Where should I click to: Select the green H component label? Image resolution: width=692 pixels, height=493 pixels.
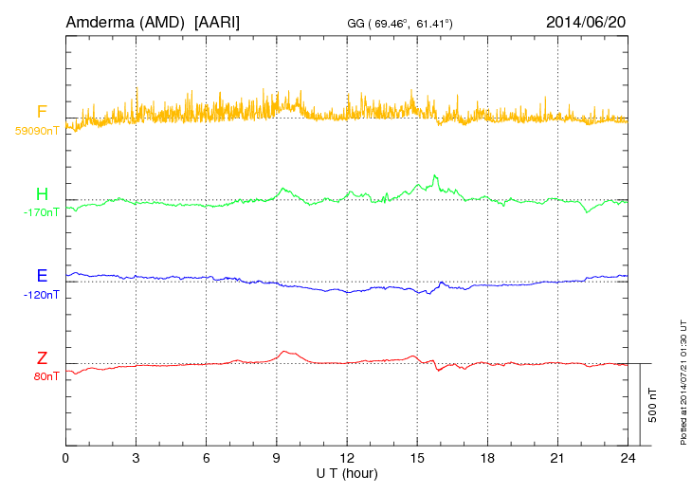[x=42, y=195]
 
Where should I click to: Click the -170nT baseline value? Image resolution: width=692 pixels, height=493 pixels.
[x=41, y=212]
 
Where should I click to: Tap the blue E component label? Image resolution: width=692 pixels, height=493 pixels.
[x=42, y=277]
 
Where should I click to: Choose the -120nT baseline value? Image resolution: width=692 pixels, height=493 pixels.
[x=41, y=294]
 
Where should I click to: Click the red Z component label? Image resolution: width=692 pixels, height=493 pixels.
[x=42, y=358]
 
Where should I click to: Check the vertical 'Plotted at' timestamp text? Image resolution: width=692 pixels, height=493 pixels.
[x=683, y=379]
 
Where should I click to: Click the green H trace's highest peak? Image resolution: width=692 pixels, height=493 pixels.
[x=434, y=175]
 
